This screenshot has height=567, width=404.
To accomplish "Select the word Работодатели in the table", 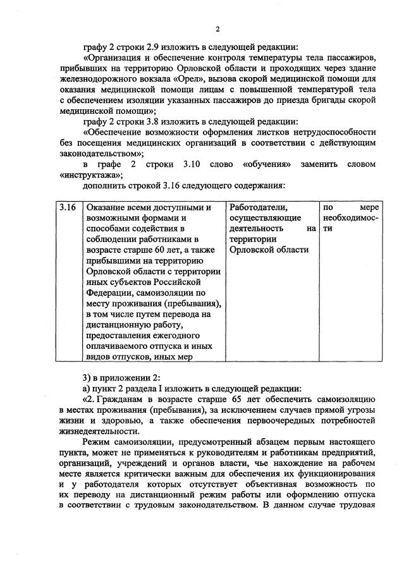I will click(258, 207).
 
